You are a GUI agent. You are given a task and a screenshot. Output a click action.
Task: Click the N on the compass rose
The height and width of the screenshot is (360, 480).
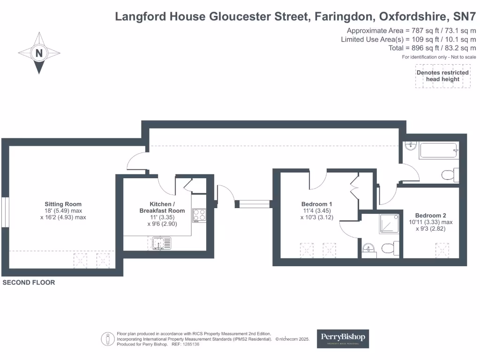click(39, 53)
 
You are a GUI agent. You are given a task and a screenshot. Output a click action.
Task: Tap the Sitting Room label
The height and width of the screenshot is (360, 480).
click(63, 204)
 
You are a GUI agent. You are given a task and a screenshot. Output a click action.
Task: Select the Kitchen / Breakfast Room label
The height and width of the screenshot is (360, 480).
click(162, 207)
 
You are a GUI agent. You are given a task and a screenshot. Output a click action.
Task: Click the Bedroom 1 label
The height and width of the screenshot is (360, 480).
click(316, 204)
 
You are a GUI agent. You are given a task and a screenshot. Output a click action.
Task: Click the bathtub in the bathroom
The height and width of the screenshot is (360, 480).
click(438, 150)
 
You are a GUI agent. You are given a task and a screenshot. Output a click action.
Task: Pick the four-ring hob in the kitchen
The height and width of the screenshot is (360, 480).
click(199, 214)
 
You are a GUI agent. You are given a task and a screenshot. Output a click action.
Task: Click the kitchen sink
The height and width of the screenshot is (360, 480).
click(162, 243)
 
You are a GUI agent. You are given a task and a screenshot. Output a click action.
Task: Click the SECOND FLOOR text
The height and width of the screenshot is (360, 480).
click(29, 283)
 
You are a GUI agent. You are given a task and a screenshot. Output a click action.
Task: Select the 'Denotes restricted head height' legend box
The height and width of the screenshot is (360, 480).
click(442, 76)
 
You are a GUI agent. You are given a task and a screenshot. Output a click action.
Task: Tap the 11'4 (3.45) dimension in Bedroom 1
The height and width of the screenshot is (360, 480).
click(317, 210)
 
